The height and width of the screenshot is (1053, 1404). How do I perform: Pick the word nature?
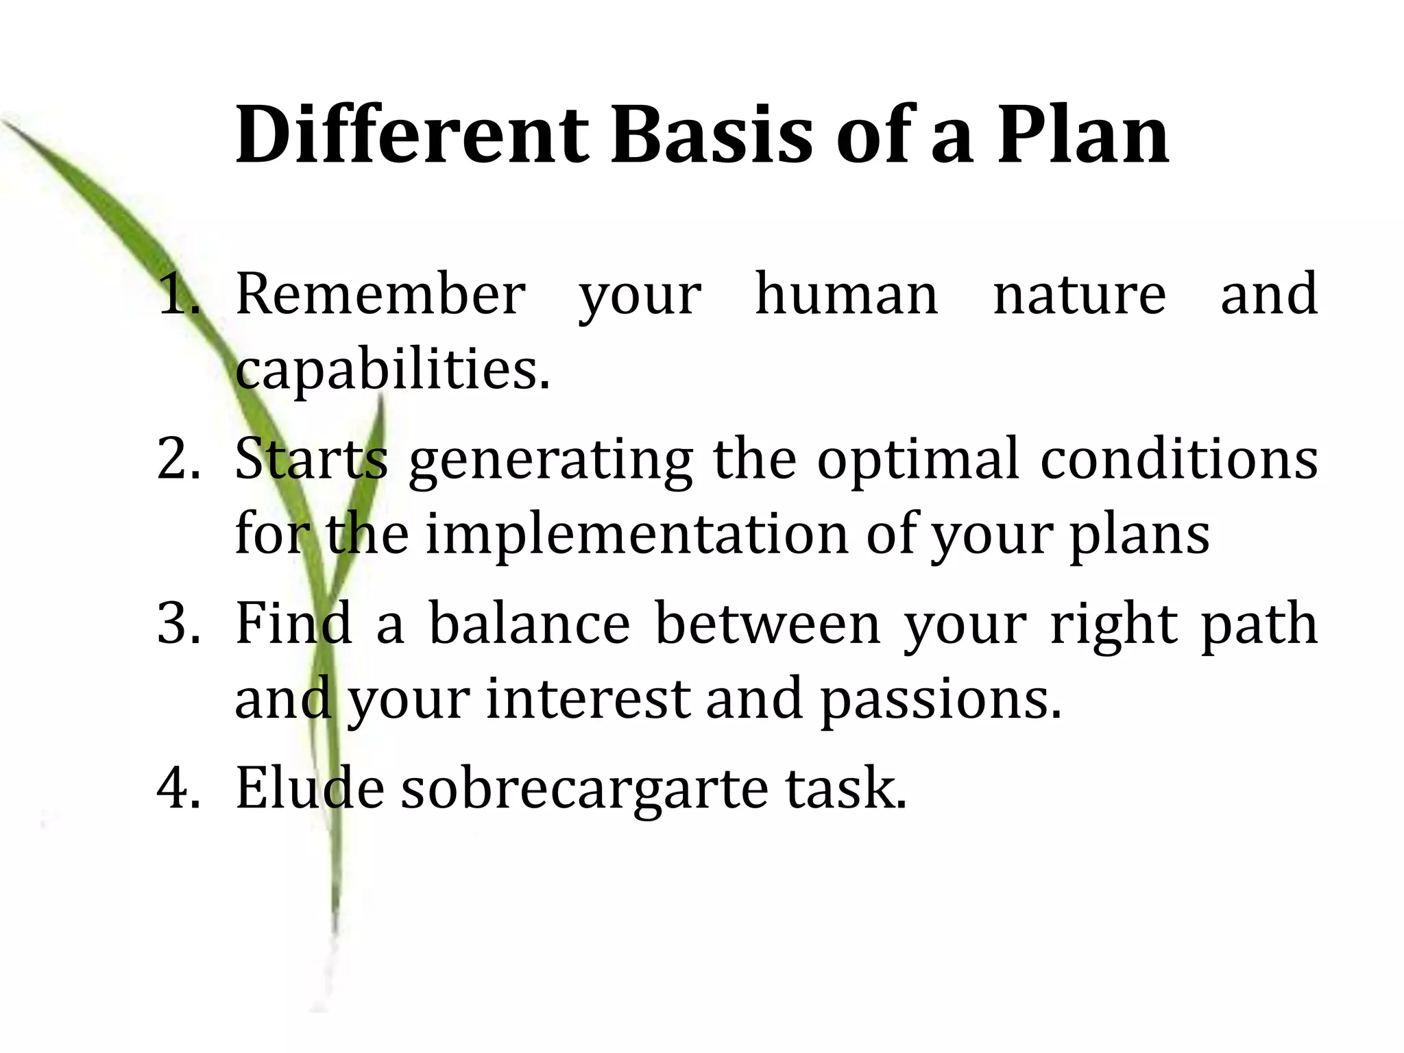pyautogui.click(x=1079, y=295)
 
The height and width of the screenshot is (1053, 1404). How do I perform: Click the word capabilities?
pyautogui.click(x=392, y=370)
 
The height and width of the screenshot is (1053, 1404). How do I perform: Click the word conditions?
pyautogui.click(x=1179, y=459)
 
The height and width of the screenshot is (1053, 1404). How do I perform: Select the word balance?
pyautogui.click(x=529, y=623)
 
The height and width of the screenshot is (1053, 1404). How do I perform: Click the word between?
pyautogui.click(x=768, y=623)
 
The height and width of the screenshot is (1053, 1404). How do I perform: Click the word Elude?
pyautogui.click(x=309, y=788)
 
